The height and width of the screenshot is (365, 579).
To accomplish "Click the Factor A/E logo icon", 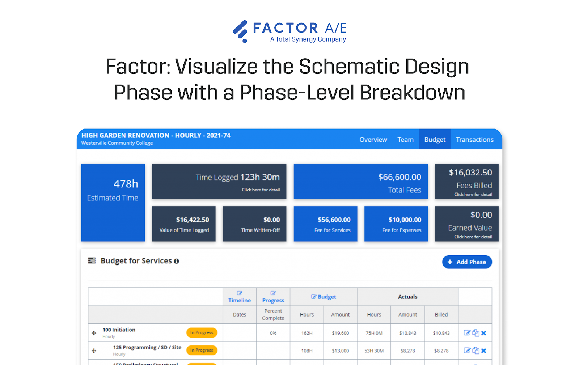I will point(241,31).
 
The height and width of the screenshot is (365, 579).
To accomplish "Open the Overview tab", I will point(373,140).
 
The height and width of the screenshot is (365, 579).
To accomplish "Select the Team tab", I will point(405,140).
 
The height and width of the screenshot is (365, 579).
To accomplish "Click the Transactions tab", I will point(474,140).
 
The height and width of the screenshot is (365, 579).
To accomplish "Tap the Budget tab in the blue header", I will point(435,140).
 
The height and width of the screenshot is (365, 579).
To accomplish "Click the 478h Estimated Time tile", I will point(113,202).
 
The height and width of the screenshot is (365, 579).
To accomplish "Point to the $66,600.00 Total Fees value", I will point(400,177).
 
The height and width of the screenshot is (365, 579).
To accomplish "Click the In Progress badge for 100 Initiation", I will point(202,333).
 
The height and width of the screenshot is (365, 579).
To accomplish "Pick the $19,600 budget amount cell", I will point(341,333).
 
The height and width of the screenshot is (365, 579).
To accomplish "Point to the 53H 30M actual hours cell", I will point(374,351).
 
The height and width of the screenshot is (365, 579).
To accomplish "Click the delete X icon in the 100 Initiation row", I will point(484,333).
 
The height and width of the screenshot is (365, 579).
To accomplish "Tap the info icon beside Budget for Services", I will point(177,261).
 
